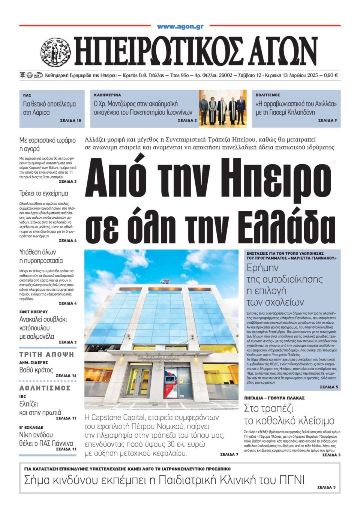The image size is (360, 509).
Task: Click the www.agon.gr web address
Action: click(x=180, y=26)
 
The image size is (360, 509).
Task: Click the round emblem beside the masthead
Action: click(x=55, y=52)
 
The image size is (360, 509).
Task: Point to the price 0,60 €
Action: click(x=330, y=75)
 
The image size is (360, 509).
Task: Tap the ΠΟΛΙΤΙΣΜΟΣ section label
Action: click(x=268, y=95)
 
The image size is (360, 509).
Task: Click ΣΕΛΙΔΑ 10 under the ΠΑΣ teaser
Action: click(x=70, y=121)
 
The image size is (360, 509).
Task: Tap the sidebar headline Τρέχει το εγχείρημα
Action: click(x=43, y=194)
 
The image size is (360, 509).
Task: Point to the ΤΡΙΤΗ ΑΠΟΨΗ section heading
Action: click(x=47, y=354)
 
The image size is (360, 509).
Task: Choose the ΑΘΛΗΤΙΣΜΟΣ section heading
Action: click(x=45, y=388)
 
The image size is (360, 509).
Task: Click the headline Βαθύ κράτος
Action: click(x=36, y=370)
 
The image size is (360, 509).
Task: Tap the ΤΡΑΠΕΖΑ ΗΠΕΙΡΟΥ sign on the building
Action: click(x=153, y=357)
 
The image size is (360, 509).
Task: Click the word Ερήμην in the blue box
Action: click(x=262, y=268)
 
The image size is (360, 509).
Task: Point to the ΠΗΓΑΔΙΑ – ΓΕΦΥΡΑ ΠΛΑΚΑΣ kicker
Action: click(x=274, y=398)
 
